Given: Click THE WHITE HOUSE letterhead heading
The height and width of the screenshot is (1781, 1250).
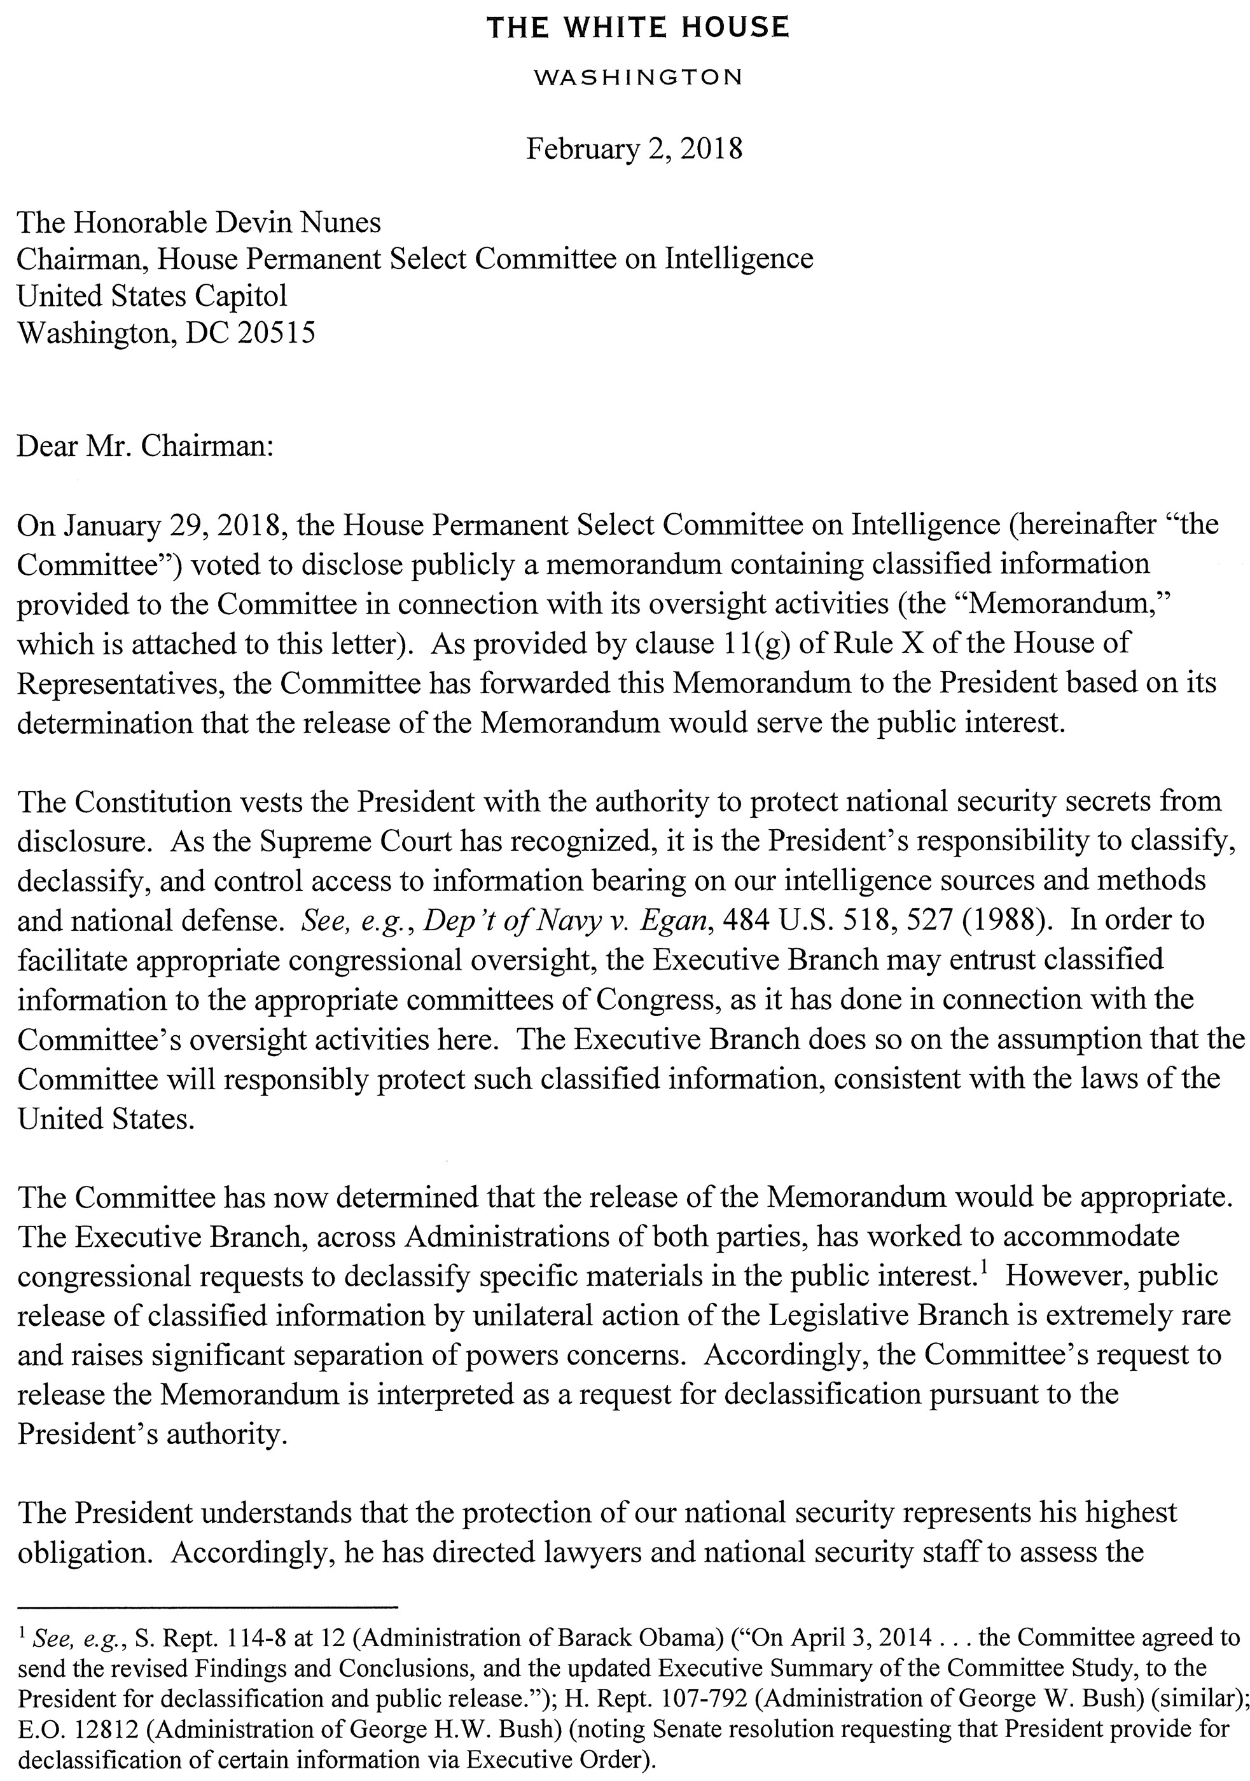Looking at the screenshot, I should pos(636,28).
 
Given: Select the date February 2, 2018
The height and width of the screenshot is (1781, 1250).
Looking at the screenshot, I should pos(634,148).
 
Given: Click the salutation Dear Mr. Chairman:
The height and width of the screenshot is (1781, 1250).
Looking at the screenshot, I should pos(146,447).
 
